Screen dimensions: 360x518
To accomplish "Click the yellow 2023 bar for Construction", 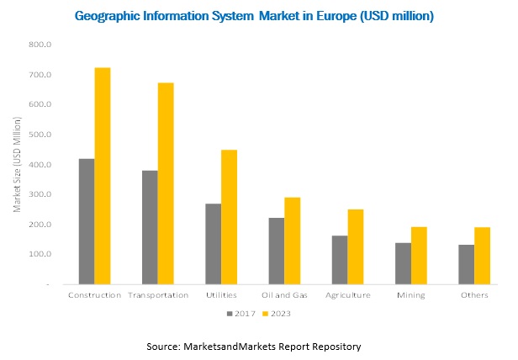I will coord(102,176).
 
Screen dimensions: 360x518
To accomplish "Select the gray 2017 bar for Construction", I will coord(86,221).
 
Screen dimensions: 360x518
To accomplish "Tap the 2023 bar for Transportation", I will coord(165,183).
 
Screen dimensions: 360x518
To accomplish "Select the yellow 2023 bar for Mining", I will coord(418,256).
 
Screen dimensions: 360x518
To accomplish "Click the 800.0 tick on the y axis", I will coord(40,45).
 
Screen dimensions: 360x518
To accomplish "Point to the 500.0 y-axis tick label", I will coord(40,135).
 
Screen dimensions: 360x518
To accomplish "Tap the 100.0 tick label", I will coord(40,254).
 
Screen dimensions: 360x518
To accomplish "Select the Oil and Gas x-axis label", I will coord(283,295).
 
